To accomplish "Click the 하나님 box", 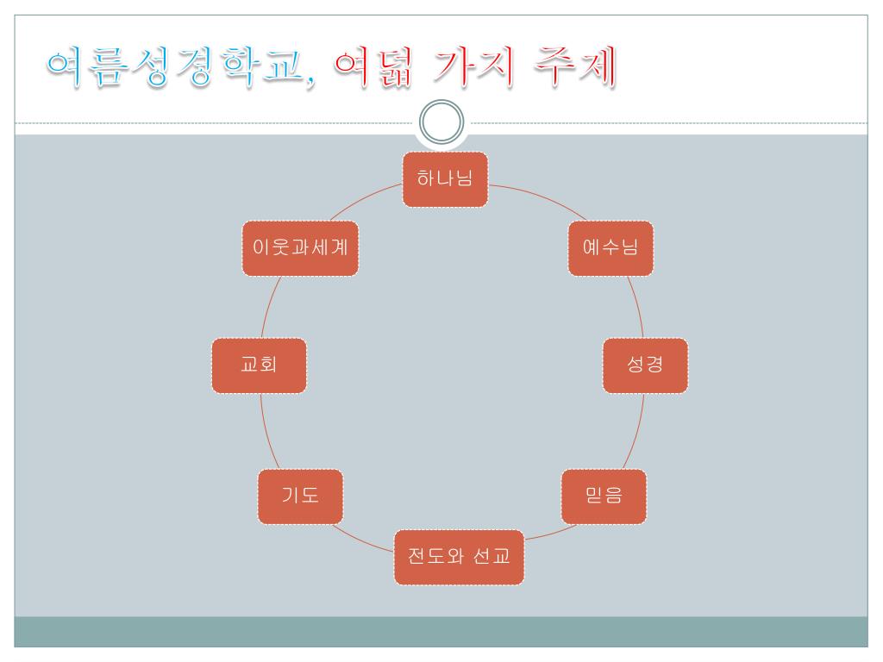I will click(x=445, y=179).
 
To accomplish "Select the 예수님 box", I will click(x=611, y=248).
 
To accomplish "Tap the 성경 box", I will click(x=645, y=365).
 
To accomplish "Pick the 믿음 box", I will click(x=604, y=496).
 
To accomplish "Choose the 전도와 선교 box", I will click(x=459, y=557).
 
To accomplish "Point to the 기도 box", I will click(x=300, y=496).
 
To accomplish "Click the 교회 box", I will click(x=259, y=365).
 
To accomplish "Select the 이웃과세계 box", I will click(x=300, y=248).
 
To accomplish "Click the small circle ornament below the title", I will click(x=441, y=124).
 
